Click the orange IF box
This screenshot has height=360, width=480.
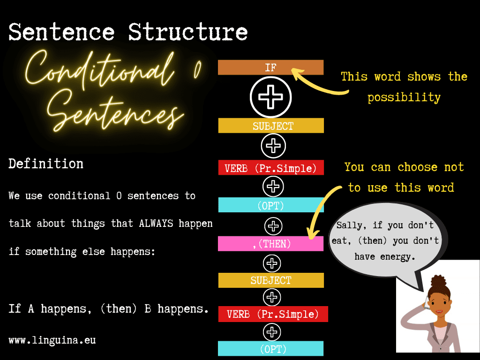(270, 67)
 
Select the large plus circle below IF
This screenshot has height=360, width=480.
(270, 97)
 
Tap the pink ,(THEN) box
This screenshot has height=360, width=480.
(270, 244)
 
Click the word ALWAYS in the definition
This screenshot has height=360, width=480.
(156, 224)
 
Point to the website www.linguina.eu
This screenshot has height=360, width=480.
(52, 340)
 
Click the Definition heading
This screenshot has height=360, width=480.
(46, 164)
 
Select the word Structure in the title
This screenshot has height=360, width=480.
(187, 32)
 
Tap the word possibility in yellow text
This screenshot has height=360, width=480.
(404, 97)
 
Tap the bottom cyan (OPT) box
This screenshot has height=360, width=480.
(270, 349)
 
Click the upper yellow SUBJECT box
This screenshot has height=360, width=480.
(271, 126)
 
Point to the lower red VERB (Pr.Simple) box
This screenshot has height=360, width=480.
(273, 314)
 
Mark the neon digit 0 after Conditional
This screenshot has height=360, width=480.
(197, 69)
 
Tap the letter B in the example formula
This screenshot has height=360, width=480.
(148, 308)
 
